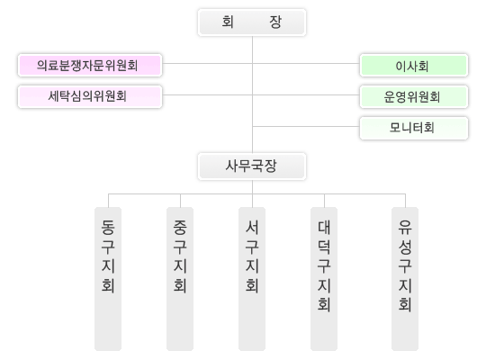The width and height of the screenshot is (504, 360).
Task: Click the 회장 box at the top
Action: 252,22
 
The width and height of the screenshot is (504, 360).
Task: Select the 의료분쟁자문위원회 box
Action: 90,65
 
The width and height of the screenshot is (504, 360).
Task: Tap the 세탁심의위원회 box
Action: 90,96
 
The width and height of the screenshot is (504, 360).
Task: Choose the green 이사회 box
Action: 414,65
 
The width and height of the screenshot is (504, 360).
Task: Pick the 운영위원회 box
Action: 414,96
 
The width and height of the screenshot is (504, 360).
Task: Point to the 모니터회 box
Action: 414,128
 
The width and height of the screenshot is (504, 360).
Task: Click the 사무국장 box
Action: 252,166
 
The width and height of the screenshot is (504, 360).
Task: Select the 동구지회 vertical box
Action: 108,279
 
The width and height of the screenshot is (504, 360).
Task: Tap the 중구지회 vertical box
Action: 180,279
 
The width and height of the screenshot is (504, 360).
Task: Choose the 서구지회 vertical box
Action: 252,279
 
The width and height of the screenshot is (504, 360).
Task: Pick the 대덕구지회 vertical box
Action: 324,279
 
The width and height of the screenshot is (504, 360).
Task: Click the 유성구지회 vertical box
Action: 405,279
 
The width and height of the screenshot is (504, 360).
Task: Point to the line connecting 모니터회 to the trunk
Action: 306,126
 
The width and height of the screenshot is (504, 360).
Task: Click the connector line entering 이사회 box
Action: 306,63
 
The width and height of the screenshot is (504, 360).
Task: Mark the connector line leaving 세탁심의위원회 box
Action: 207,94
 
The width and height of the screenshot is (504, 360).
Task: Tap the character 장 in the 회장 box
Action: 275,22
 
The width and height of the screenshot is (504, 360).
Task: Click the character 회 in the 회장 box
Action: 228,22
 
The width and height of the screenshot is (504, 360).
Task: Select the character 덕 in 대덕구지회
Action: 324,247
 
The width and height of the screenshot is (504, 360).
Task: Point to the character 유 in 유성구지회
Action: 405,227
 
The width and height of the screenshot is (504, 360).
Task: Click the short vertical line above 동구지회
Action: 108,201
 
